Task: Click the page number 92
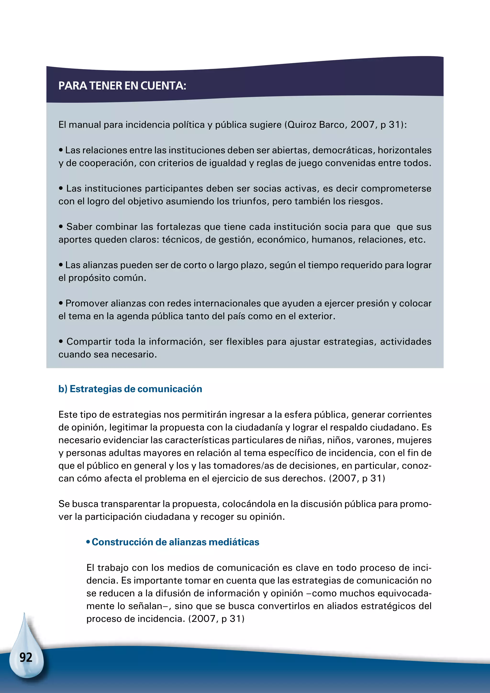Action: pos(26,657)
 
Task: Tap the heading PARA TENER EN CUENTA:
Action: pos(122,86)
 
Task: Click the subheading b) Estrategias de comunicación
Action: pos(130,389)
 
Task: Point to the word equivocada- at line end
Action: pos(404,593)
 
